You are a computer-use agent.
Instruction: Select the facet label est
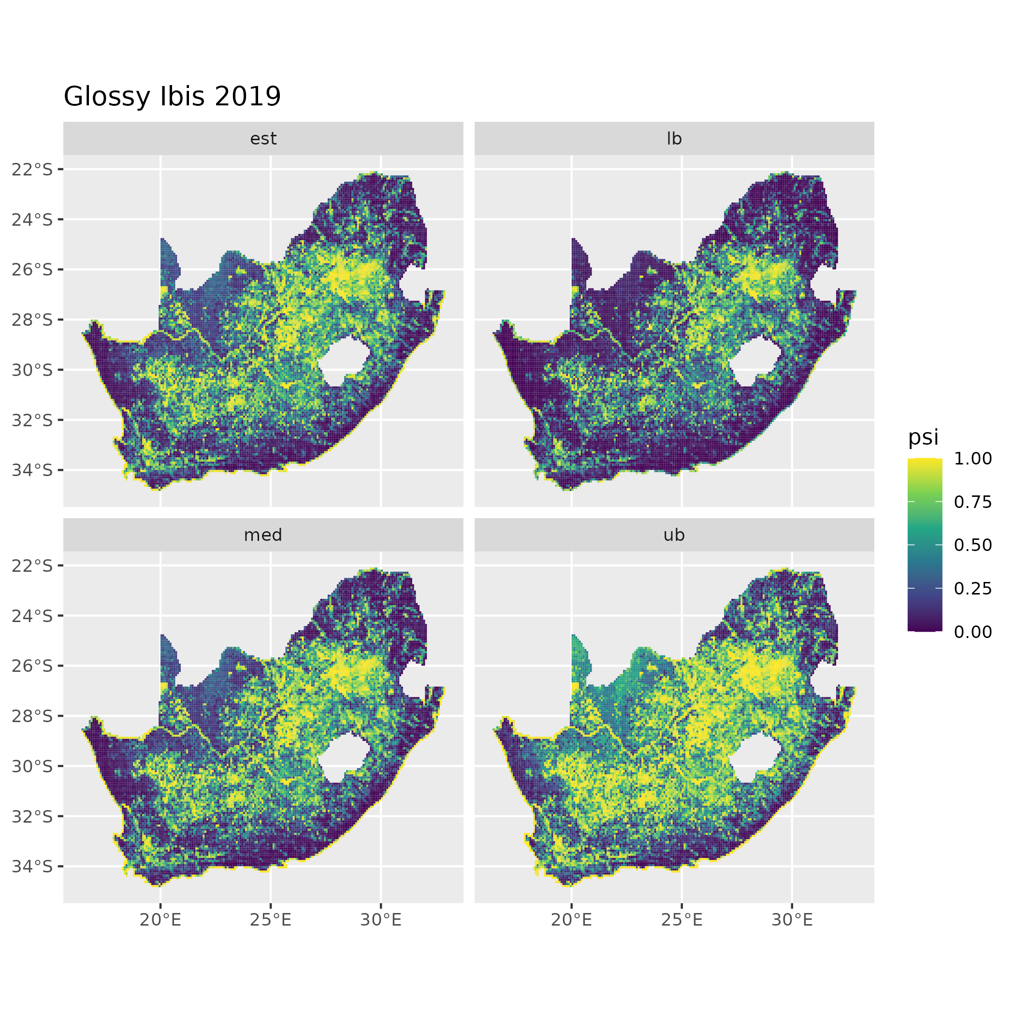[263, 139]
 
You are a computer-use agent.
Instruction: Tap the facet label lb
[674, 139]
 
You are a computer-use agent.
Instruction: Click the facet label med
[263, 535]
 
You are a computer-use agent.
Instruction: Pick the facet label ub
[674, 535]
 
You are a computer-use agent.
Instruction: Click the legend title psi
[923, 437]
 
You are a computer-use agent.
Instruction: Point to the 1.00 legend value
[972, 459]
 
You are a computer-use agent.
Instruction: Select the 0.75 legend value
[972, 502]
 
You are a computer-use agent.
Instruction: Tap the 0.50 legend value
[972, 545]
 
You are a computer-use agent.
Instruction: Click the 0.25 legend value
[972, 588]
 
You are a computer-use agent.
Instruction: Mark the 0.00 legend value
[972, 632]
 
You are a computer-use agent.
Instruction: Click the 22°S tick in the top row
[32, 169]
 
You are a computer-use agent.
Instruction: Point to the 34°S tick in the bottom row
[32, 866]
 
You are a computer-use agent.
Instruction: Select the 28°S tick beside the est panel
[32, 319]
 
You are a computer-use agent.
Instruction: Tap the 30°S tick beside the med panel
[32, 766]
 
